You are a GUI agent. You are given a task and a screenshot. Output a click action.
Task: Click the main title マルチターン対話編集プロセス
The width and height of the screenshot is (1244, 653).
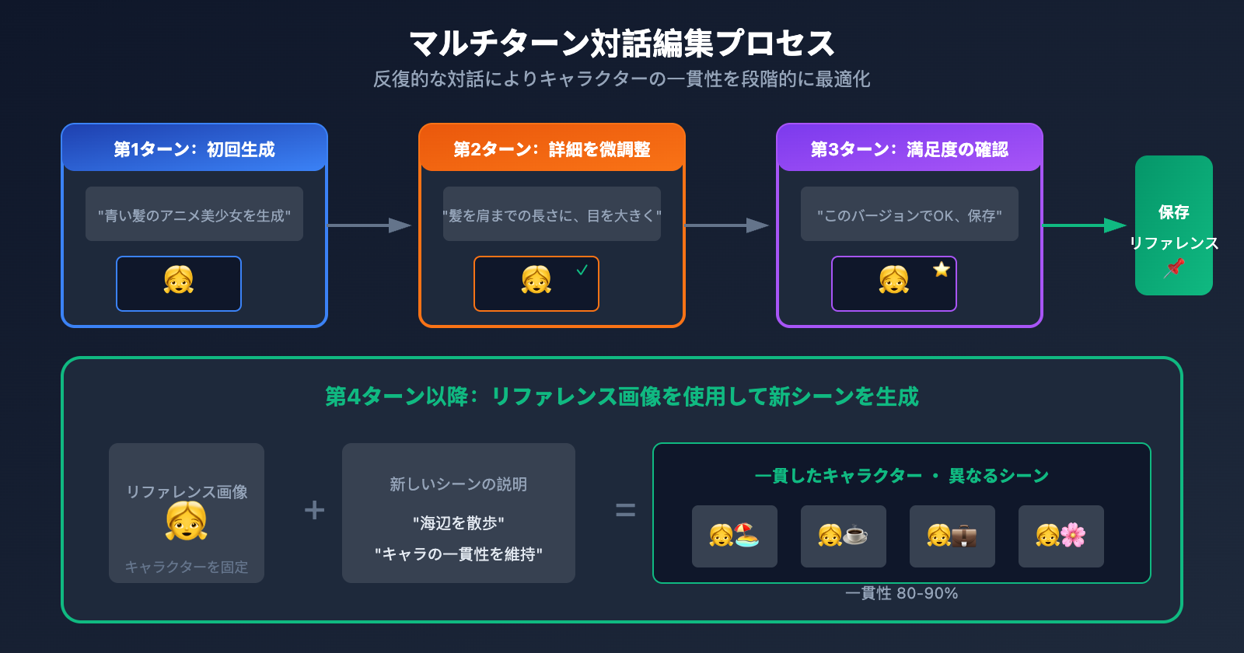(621, 43)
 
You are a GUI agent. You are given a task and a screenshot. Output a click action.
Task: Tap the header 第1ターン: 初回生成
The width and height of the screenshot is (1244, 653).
(194, 148)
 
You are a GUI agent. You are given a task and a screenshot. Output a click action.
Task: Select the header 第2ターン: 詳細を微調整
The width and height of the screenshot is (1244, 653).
(552, 148)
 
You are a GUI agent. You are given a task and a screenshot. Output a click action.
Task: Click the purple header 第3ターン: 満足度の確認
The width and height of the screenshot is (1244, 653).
(910, 148)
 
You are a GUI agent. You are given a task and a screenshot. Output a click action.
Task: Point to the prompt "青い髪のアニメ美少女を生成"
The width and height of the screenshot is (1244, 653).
(194, 215)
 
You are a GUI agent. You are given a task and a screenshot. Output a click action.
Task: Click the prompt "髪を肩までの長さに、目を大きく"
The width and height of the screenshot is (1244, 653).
(552, 215)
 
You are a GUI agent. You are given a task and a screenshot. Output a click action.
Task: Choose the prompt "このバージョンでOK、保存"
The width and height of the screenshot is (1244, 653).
(910, 215)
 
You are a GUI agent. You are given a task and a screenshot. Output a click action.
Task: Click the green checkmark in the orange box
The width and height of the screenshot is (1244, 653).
(582, 270)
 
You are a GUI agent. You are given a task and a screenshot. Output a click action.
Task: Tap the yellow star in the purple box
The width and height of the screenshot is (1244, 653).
(942, 270)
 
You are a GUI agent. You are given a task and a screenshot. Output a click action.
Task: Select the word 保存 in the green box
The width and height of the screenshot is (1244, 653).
(1173, 212)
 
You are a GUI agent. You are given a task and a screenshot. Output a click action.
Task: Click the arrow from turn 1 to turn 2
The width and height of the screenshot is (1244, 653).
(369, 225)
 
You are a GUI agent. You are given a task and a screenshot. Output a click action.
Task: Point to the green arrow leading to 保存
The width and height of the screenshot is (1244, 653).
(1085, 225)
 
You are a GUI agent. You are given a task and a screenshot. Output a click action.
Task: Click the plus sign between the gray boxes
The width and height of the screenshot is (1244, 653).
(314, 510)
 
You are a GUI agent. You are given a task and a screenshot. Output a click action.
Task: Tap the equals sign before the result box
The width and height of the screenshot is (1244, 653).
(625, 510)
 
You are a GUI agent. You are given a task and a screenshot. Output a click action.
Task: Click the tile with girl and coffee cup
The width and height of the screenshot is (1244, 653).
(844, 536)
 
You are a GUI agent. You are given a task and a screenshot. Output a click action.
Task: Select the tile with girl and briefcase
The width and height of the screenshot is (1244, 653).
(952, 536)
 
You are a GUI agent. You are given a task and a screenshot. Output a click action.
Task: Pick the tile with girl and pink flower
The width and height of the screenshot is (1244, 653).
(1061, 536)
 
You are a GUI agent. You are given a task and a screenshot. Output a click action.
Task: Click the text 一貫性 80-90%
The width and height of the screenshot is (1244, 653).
(901, 593)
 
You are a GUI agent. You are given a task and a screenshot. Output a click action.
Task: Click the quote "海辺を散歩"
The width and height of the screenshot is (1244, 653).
(459, 523)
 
